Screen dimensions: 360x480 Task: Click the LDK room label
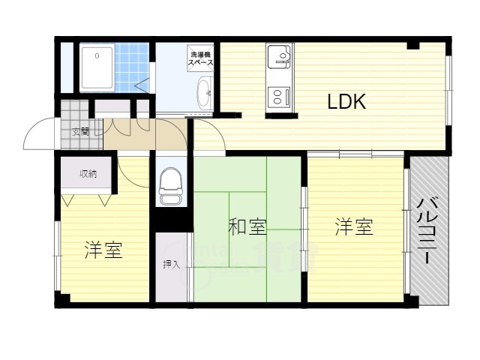[x=346, y=102]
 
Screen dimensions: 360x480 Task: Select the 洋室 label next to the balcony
[x=354, y=226]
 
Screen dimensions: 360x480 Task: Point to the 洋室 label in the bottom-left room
[x=103, y=250]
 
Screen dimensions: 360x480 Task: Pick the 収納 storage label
[x=88, y=174]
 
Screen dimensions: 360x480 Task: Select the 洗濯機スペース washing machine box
[x=200, y=59]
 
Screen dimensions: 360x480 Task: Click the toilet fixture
[x=171, y=185]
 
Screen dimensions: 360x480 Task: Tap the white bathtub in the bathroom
[x=97, y=67]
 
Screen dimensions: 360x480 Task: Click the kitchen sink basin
[x=280, y=57]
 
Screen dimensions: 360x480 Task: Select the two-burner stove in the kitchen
[x=280, y=97]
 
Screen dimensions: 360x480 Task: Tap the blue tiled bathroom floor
[x=132, y=66]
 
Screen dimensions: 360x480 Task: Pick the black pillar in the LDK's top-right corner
[x=412, y=46]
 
